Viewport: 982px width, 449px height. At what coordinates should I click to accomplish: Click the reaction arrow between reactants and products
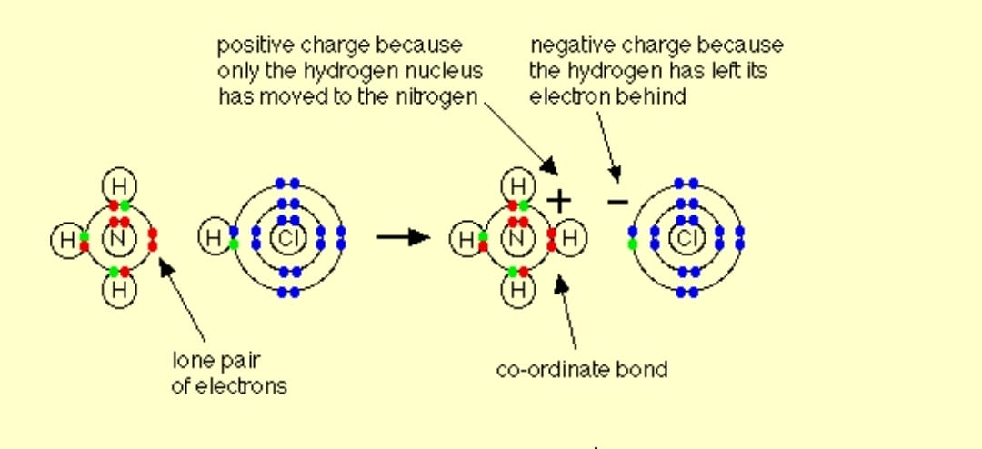403,237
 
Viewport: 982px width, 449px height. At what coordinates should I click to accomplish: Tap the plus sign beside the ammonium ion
559,201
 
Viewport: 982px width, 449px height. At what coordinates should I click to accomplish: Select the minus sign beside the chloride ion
617,201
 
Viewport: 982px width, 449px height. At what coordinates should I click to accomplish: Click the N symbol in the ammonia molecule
118,239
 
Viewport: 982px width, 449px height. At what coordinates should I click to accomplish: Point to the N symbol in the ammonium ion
517,239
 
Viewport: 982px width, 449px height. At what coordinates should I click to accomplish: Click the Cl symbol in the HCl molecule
287,239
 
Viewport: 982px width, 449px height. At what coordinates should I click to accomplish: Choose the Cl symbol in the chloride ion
686,239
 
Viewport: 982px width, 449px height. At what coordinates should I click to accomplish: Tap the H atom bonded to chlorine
214,238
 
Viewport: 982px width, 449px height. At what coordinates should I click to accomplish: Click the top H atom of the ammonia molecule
119,186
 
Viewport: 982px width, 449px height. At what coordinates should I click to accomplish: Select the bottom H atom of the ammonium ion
518,291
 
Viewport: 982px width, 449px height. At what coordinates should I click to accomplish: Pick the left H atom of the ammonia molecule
67,240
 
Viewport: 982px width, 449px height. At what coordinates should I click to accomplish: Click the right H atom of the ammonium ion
570,239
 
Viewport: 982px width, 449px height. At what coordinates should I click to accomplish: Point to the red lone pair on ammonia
152,239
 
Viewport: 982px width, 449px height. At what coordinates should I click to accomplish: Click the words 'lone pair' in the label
215,362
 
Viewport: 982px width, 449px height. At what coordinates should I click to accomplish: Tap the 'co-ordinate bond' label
582,369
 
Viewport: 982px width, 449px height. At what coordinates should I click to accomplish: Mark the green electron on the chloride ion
633,244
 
